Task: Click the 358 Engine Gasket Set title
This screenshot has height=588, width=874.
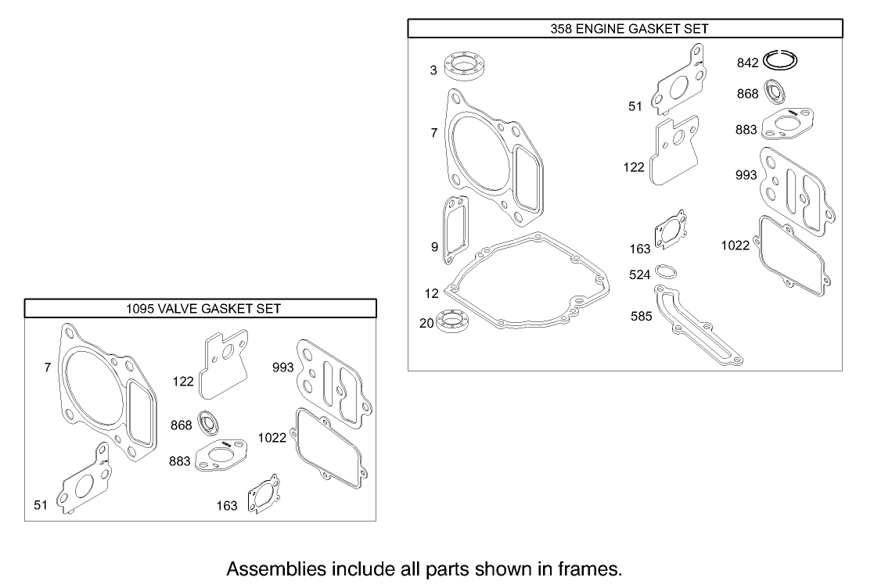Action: [x=624, y=29]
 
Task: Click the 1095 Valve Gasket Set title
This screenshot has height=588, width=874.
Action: [x=203, y=308]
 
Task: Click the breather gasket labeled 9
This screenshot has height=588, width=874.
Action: [x=455, y=229]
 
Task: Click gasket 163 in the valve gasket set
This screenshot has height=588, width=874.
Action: [x=264, y=496]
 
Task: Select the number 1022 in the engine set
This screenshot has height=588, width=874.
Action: [x=735, y=246]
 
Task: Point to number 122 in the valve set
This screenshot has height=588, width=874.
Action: [x=183, y=381]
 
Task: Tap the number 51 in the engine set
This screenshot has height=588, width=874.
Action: [x=635, y=107]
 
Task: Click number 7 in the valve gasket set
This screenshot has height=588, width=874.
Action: [x=48, y=367]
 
